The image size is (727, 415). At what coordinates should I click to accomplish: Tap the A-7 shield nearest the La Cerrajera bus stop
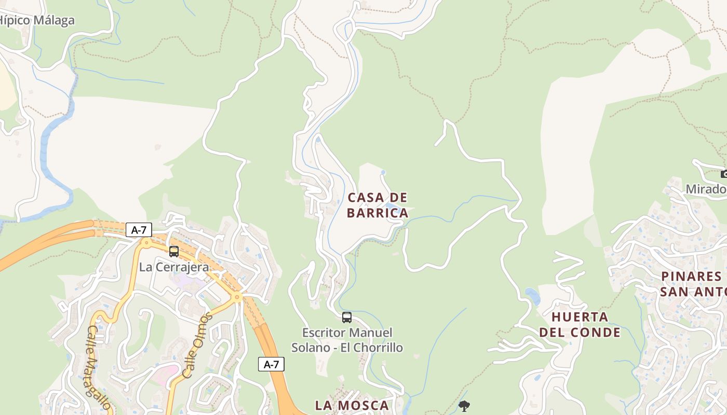tap(139, 230)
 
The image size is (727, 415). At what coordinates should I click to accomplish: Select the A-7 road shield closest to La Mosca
tap(271, 364)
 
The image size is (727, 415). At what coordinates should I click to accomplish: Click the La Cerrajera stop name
tap(174, 267)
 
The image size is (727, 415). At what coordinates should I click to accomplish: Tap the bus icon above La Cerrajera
tap(174, 252)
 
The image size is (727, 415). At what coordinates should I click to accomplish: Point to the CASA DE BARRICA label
tap(378, 205)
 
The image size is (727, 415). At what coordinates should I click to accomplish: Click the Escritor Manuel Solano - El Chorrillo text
tap(347, 340)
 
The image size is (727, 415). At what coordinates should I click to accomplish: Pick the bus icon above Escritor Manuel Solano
tap(347, 317)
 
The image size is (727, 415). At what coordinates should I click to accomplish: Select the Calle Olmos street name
tap(197, 345)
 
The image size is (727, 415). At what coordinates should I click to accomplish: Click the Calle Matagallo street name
tap(99, 367)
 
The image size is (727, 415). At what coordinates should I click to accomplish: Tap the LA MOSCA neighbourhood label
tap(352, 405)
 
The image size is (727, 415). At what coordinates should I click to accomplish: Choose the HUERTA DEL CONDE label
tap(580, 324)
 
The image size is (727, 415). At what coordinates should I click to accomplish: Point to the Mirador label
tap(706, 189)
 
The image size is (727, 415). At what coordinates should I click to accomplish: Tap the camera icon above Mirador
tap(724, 174)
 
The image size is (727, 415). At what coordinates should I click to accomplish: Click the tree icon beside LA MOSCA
tap(464, 406)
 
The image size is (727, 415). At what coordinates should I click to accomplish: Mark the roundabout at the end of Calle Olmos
tap(237, 298)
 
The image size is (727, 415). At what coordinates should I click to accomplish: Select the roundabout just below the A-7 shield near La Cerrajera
tap(146, 242)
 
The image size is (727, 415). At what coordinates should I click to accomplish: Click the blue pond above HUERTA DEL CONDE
tap(533, 296)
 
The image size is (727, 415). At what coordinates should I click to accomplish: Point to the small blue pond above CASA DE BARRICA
tap(383, 172)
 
